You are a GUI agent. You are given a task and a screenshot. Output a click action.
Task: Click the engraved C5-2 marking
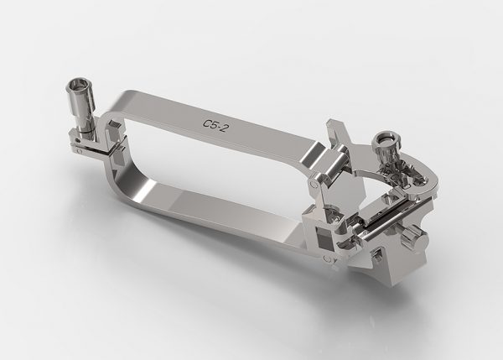pyautogui.click(x=216, y=126)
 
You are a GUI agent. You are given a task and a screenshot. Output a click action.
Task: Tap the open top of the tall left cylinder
pyautogui.click(x=76, y=84)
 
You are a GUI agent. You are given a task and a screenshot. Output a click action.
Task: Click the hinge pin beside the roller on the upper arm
pyautogui.click(x=314, y=184)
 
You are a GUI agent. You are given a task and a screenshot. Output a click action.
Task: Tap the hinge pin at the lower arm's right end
pyautogui.click(x=327, y=258)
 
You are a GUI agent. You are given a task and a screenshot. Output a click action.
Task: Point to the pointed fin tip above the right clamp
pyautogui.click(x=329, y=122)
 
